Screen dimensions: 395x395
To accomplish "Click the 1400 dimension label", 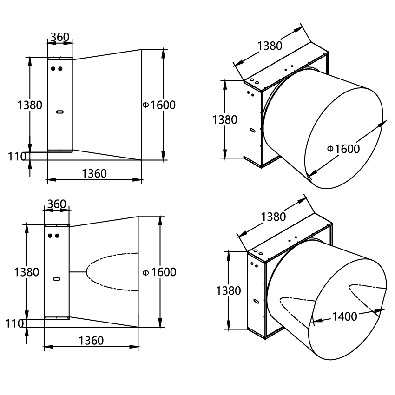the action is pos(345,316).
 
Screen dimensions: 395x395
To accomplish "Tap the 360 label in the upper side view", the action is pos(59,37).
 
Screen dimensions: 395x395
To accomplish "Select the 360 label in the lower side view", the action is pos(57,204).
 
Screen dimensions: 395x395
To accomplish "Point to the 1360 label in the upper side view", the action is pos(94,174).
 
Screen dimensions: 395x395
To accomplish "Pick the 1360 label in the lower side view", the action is pos(91,341).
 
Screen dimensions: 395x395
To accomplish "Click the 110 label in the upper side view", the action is pos(17,157).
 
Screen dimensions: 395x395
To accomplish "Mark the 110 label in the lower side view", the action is pos(14,324).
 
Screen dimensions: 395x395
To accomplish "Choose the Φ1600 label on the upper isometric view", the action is pos(343,149).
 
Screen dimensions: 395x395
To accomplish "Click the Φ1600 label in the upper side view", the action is pos(159,105).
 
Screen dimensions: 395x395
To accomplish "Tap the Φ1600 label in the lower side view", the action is pos(159,272).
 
